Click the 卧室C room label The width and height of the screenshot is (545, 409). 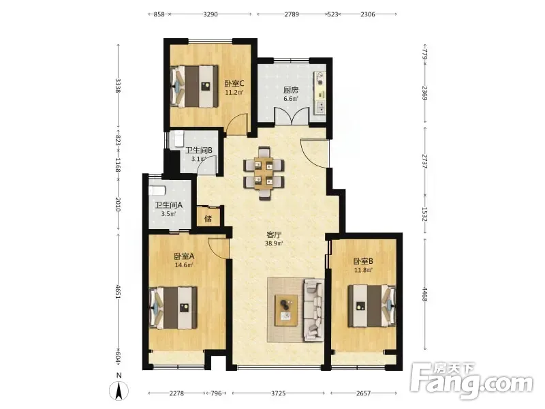click(234, 83)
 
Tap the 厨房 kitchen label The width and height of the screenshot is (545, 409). click(291, 90)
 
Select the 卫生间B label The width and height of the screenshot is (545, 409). click(198, 150)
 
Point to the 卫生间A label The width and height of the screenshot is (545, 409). click(168, 205)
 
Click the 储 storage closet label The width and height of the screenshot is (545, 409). click(208, 219)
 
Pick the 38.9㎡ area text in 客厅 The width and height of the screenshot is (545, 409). click(274, 243)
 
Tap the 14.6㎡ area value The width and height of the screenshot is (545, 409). click(184, 265)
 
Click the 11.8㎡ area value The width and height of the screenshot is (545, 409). click(364, 269)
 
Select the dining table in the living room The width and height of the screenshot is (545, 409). click(264, 174)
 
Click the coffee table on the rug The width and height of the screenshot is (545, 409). click(286, 310)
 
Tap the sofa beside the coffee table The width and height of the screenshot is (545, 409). click(314, 309)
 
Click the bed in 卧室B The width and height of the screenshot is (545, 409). click(371, 305)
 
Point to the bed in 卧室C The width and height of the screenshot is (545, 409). click(194, 87)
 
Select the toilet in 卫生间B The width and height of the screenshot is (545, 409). click(178, 138)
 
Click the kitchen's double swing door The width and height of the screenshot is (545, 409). click(292, 116)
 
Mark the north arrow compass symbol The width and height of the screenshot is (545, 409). click(119, 389)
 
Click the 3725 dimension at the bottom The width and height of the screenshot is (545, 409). click(278, 393)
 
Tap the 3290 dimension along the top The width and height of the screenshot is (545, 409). click(211, 14)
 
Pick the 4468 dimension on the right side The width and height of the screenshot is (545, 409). click(424, 293)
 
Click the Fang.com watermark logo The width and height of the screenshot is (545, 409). click(471, 382)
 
